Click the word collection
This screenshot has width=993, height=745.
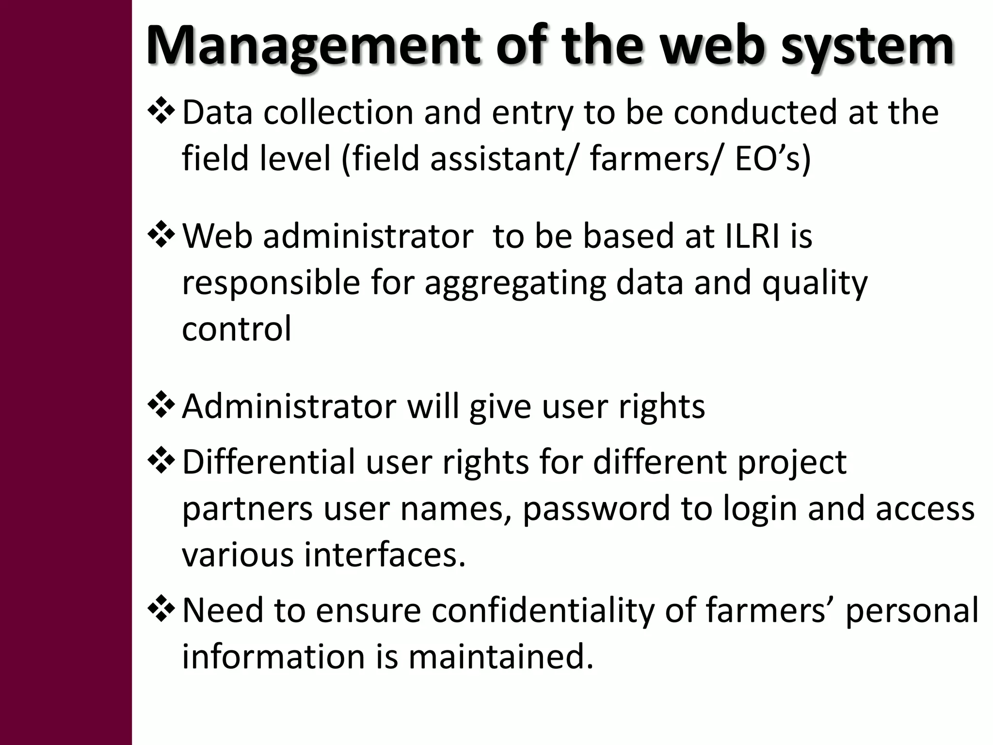[338, 112]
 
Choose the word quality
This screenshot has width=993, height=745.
[815, 284]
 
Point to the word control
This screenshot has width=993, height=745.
[237, 328]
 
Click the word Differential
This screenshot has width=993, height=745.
[269, 462]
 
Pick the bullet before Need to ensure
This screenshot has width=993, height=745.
[161, 610]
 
